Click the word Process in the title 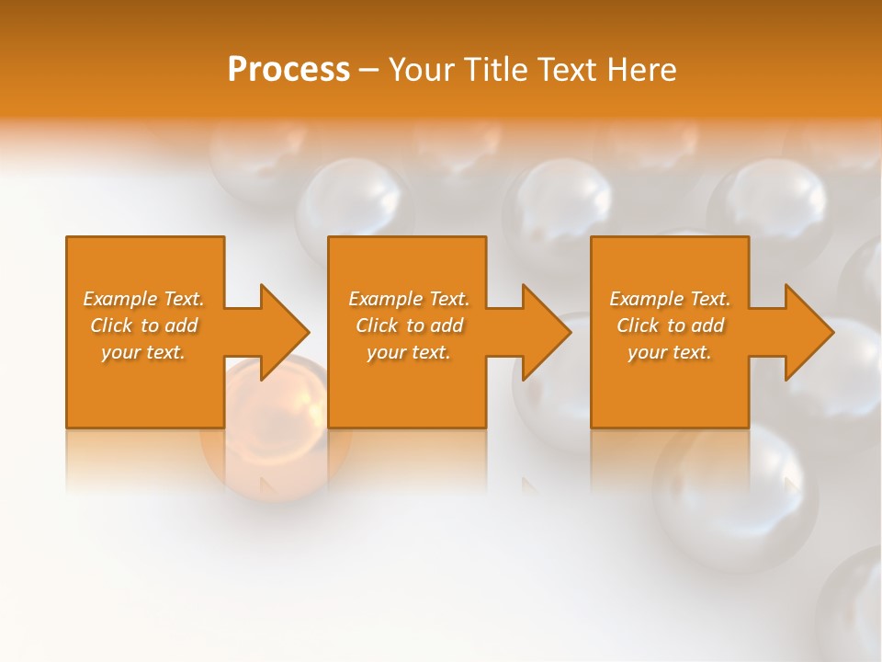coord(288,70)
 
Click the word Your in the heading coord(423,70)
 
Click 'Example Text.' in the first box coord(144,299)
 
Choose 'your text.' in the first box coord(144,352)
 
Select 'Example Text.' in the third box coord(671,299)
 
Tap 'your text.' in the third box coord(671,352)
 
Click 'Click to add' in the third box coord(671,325)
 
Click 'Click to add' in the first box coord(144,325)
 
